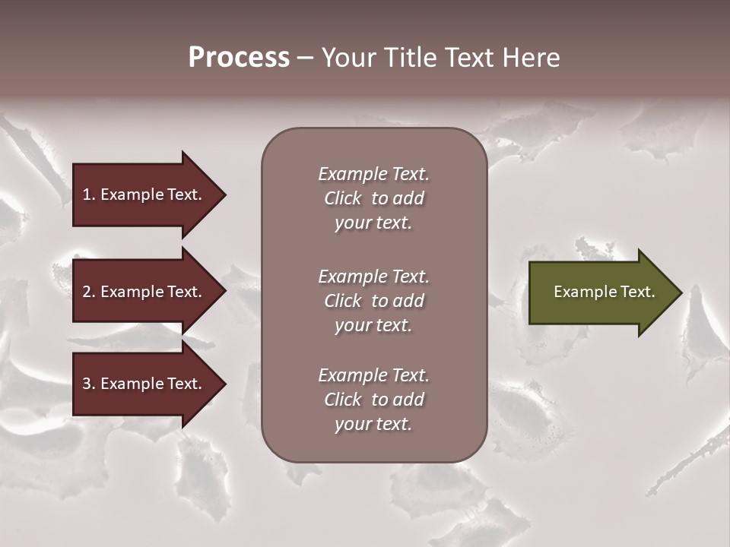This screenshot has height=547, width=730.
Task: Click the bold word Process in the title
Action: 239,58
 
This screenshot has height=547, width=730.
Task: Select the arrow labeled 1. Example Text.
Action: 144,194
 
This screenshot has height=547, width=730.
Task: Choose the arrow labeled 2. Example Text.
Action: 144,292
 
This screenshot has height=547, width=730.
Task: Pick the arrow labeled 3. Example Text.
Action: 144,384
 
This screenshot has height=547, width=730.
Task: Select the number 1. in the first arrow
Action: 89,194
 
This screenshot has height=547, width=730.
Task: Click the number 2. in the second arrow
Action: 89,292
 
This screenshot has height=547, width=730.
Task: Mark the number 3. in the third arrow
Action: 89,384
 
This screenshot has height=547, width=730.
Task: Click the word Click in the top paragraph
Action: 343,198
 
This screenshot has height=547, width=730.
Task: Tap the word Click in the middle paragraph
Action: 343,301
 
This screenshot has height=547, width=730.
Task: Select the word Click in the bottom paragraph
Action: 343,400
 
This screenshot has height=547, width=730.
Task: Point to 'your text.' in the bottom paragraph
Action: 373,424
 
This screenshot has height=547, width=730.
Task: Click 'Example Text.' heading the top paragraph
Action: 373,174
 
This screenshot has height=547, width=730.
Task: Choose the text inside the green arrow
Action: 604,292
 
